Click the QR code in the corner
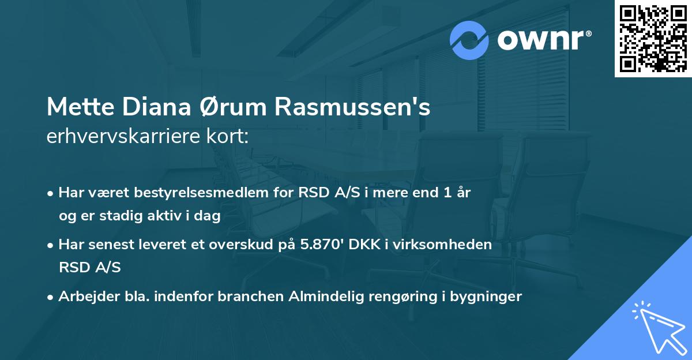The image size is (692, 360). (653, 38)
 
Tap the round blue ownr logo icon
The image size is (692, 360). (469, 40)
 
